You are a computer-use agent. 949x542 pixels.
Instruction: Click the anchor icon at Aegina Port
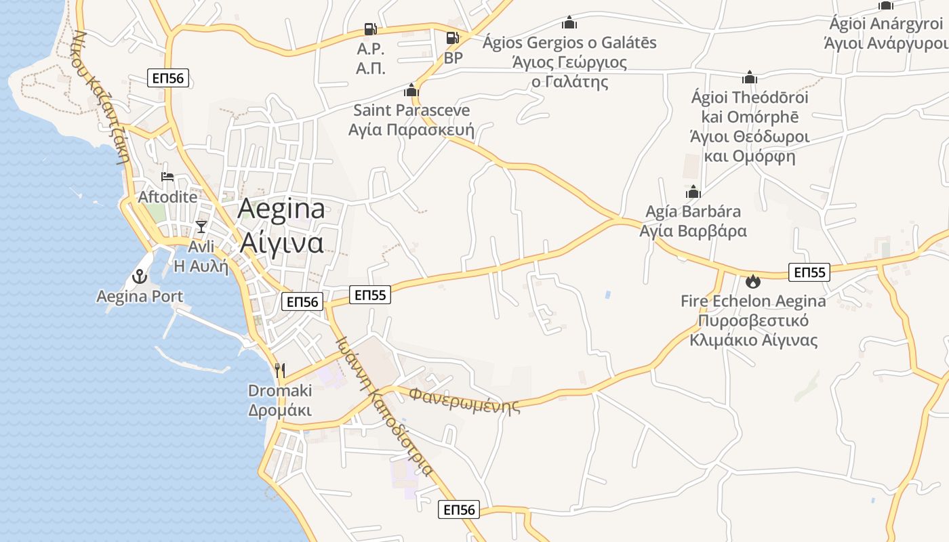click(140, 276)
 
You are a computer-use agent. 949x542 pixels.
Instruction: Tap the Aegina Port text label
click(140, 297)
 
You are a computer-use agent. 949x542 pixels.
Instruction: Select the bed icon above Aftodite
click(167, 178)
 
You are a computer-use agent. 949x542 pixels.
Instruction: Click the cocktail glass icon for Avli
click(201, 226)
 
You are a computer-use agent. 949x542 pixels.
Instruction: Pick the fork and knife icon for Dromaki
click(280, 370)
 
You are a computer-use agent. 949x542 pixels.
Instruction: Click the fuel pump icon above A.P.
click(370, 29)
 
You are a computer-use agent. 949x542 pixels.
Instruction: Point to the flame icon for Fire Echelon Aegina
click(753, 280)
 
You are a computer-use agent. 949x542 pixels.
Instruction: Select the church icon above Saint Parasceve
click(411, 90)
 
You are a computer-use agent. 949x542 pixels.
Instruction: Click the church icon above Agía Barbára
click(693, 192)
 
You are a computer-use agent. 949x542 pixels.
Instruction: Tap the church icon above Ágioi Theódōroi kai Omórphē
click(750, 77)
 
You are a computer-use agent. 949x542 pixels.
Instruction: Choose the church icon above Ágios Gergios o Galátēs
click(569, 23)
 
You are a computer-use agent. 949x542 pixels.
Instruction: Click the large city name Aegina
click(281, 209)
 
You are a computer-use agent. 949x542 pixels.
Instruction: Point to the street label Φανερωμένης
click(465, 400)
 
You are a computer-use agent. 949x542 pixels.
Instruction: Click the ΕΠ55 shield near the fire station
click(809, 272)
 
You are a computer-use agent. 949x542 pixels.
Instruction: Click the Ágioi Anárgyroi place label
click(885, 24)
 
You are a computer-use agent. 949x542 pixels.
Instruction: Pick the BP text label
click(453, 58)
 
